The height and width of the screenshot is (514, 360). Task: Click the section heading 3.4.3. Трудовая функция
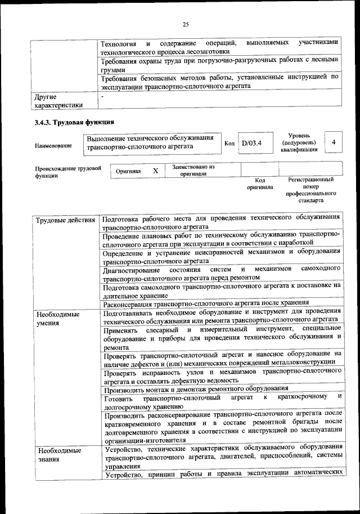(75, 122)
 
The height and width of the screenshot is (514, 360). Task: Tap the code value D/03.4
(252, 143)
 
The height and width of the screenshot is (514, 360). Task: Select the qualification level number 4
(334, 142)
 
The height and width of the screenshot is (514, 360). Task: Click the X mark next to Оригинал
(155, 170)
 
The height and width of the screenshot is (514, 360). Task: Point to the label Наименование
(53, 146)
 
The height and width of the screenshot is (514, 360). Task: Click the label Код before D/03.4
(229, 144)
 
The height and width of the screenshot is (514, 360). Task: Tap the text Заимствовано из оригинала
(193, 170)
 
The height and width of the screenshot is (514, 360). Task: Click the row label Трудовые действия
(65, 220)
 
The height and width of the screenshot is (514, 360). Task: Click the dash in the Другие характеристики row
(102, 96)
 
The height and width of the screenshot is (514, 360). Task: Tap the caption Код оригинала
(259, 184)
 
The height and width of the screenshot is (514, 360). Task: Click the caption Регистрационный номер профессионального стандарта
(310, 190)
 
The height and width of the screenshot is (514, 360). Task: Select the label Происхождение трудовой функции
(67, 172)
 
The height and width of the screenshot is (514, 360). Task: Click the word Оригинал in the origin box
(128, 171)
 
